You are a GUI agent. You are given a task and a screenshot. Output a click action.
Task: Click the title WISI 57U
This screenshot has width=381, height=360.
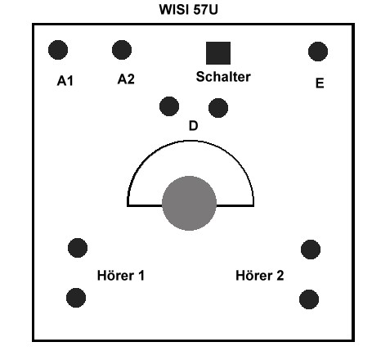(188, 10)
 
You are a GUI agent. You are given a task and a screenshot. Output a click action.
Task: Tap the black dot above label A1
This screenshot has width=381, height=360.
(58, 50)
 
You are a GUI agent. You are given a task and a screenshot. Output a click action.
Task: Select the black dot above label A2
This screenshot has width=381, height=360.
(122, 50)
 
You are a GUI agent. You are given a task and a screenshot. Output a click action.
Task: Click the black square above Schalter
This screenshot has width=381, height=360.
(218, 53)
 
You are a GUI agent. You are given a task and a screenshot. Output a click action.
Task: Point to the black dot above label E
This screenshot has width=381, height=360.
(318, 52)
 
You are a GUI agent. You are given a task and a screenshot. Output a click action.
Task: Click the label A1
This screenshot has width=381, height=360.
(65, 81)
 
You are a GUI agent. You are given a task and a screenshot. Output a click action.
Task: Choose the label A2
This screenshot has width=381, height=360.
(126, 79)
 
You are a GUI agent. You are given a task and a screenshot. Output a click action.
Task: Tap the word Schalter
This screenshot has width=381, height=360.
(223, 77)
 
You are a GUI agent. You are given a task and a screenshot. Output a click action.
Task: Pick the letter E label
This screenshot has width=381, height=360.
(320, 83)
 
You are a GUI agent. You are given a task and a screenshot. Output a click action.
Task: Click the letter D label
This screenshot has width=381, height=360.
(193, 126)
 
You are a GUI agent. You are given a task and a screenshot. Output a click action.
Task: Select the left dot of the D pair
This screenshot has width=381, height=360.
(169, 106)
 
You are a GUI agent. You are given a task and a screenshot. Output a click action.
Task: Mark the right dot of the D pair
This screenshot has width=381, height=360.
(218, 108)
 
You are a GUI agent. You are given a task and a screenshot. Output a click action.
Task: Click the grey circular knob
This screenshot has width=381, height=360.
(190, 203)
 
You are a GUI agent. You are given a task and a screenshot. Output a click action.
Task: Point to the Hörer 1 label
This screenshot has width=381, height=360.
(121, 276)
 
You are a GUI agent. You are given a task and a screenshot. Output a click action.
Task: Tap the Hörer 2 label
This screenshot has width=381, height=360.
(260, 276)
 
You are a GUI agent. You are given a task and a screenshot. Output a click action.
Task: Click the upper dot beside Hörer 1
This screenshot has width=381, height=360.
(78, 248)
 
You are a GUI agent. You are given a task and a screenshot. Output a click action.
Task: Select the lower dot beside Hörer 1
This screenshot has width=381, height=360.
(76, 298)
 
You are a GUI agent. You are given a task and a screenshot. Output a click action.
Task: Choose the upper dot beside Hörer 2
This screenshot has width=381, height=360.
(311, 250)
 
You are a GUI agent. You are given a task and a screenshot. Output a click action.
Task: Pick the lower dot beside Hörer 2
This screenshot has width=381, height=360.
(309, 299)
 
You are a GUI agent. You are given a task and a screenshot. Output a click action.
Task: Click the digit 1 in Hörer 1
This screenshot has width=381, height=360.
(141, 276)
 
